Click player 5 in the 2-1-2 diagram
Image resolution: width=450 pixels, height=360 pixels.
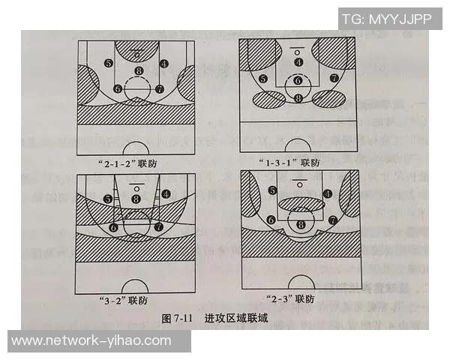pos(109,64)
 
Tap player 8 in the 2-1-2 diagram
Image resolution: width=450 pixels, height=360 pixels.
pos(137,71)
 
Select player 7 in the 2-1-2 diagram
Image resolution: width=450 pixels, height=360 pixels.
pos(159,88)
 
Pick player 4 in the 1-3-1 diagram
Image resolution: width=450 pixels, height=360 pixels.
pos(298,62)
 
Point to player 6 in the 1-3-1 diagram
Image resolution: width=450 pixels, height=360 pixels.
pos(298,80)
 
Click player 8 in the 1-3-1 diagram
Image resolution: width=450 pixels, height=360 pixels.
pos(298,97)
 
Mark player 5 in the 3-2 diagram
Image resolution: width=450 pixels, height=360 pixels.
pos(109,199)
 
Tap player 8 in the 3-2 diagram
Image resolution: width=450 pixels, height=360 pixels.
pos(136,198)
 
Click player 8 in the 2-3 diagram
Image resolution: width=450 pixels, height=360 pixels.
pos(301,223)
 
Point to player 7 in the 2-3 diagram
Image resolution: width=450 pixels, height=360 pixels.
pos(331,220)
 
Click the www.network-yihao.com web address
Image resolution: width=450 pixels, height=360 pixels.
pos(91,341)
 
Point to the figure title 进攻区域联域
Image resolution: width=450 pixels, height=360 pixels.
pos(237,319)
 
